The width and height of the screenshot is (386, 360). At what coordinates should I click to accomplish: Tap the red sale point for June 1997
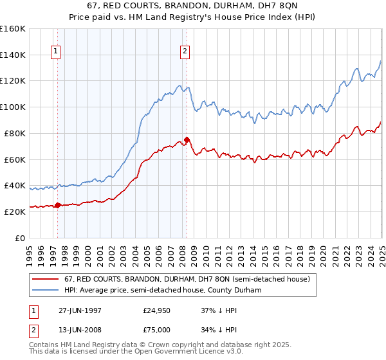coord(57,205)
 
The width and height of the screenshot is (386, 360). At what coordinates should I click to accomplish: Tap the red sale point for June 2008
coord(187,139)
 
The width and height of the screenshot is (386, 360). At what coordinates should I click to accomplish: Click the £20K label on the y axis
coord(15,212)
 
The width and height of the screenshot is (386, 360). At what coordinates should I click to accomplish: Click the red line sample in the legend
coord(46,279)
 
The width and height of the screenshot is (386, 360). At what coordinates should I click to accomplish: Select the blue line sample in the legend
coord(46,290)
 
